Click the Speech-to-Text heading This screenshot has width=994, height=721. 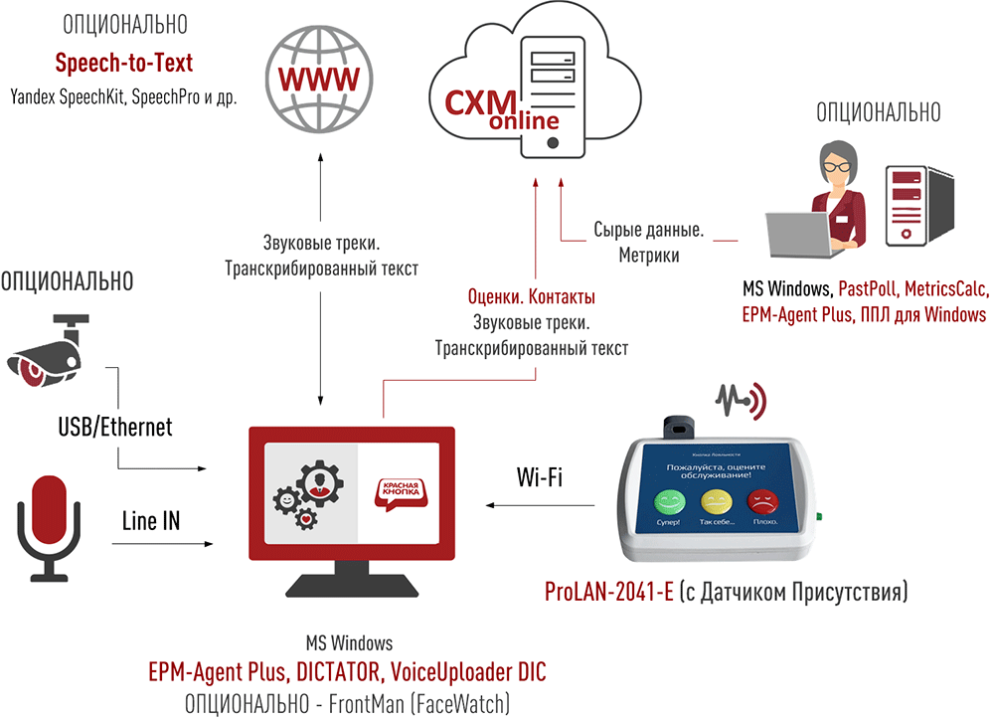click(x=124, y=64)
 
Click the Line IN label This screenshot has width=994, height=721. click(x=151, y=520)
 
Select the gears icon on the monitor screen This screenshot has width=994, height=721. click(x=310, y=492)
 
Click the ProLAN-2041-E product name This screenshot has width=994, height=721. click(x=609, y=593)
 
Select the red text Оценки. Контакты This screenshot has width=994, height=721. click(x=531, y=297)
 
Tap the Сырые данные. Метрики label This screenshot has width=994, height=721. click(x=649, y=242)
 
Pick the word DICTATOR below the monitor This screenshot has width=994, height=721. click(x=332, y=669)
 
